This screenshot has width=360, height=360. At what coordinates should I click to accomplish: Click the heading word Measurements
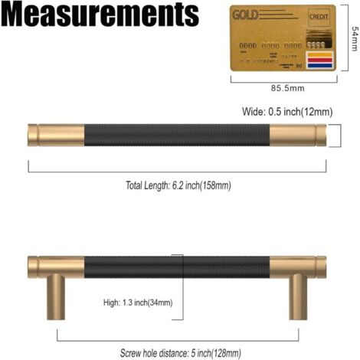pyautogui.click(x=100, y=16)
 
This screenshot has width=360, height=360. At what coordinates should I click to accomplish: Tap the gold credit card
pyautogui.click(x=284, y=38)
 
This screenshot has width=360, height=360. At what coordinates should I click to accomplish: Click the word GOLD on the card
pyautogui.click(x=245, y=15)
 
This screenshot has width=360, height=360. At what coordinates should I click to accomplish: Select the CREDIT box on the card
pyautogui.click(x=318, y=16)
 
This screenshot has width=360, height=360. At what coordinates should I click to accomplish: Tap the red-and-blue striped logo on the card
pyautogui.click(x=321, y=60)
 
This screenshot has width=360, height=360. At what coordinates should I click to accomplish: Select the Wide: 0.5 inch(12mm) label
pyautogui.click(x=287, y=112)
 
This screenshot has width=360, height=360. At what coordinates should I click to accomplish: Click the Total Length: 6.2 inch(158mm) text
pyautogui.click(x=178, y=185)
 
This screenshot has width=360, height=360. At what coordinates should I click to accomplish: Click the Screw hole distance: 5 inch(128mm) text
pyautogui.click(x=180, y=353)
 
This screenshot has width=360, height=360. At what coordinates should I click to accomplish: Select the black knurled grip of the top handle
pyautogui.click(x=176, y=136)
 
